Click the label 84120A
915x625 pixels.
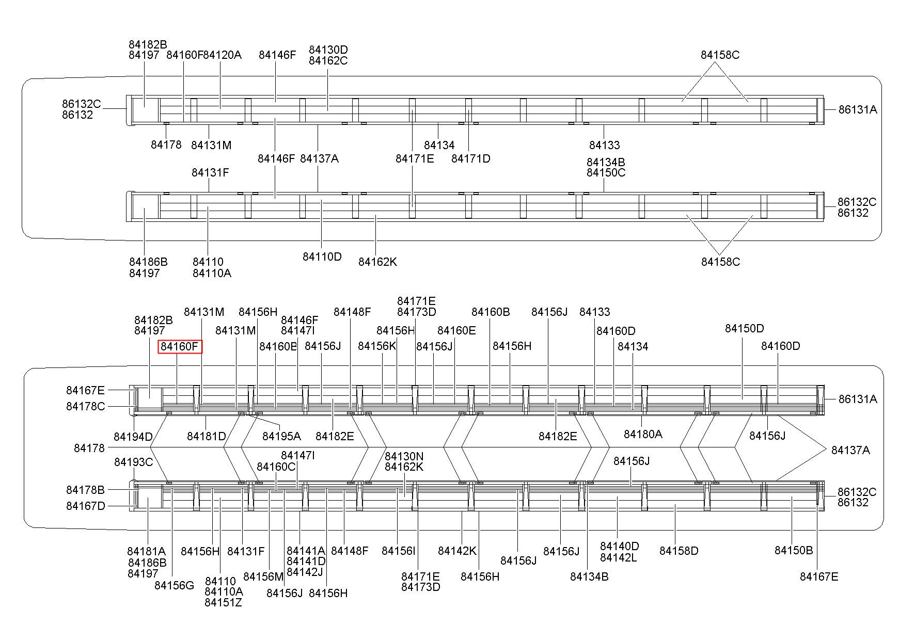(223, 55)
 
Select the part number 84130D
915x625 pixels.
(328, 50)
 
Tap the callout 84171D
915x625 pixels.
(470, 158)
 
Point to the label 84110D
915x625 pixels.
(322, 257)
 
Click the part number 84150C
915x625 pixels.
(606, 172)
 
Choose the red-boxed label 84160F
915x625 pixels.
(180, 346)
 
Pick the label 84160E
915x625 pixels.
(456, 330)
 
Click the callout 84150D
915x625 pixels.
(744, 328)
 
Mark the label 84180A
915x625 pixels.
(642, 434)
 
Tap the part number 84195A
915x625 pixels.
(281, 436)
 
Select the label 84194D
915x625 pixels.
(133, 437)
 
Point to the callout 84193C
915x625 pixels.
(133, 462)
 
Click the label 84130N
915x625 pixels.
(404, 456)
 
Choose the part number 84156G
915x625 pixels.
(174, 585)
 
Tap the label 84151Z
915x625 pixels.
(223, 602)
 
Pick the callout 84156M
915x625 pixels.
(263, 576)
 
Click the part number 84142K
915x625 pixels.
(457, 551)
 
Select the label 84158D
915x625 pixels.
(679, 551)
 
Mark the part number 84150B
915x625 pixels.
(794, 550)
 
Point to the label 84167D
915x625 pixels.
(85, 506)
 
